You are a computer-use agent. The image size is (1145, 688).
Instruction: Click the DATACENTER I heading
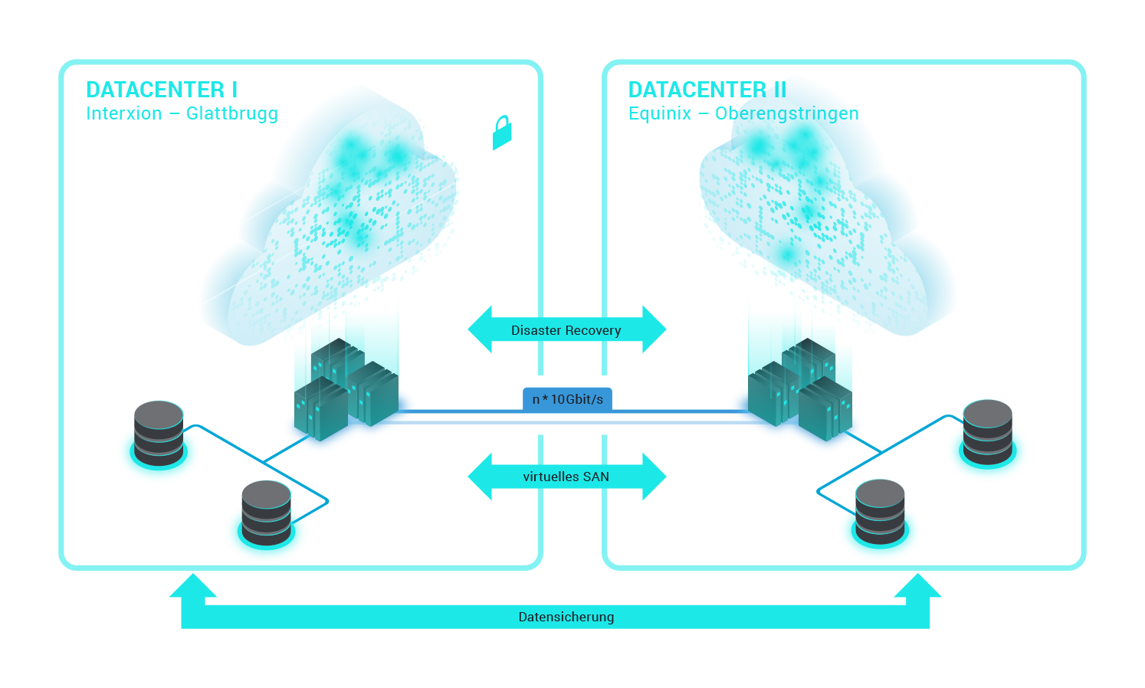click(162, 90)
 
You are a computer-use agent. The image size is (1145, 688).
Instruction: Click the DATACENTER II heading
click(707, 90)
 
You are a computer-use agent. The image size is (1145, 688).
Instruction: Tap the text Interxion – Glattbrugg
click(182, 114)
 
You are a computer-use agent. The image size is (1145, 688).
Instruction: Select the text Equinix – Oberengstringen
click(743, 114)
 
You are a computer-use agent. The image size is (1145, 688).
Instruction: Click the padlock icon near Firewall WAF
click(502, 133)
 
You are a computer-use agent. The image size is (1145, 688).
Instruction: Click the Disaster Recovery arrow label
click(566, 330)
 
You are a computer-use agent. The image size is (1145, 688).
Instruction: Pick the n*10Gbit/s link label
click(567, 399)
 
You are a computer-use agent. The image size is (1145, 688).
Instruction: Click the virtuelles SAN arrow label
click(566, 477)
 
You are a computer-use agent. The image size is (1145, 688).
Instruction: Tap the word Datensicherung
click(566, 617)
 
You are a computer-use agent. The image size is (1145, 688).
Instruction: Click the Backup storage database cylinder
click(159, 433)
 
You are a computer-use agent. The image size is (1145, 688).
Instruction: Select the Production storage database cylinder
click(266, 513)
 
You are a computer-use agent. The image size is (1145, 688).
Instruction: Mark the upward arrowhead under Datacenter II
click(917, 588)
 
